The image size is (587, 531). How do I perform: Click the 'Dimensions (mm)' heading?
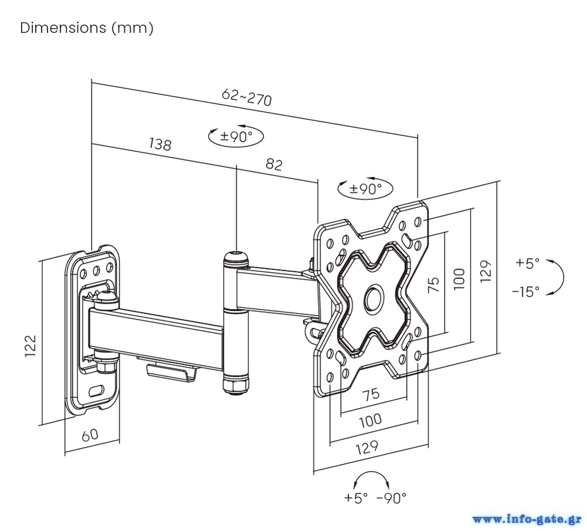pyautogui.click(x=87, y=28)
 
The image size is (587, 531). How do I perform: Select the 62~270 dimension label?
pyautogui.click(x=247, y=97)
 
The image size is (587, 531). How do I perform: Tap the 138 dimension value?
pyautogui.click(x=160, y=144)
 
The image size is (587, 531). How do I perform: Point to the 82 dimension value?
pyautogui.click(x=274, y=164)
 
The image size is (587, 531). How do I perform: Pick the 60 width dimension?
pyautogui.click(x=89, y=435)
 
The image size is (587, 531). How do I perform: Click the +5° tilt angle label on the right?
pyautogui.click(x=527, y=264)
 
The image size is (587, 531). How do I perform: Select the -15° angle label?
pyautogui.click(x=525, y=291)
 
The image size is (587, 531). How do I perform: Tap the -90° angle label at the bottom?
pyautogui.click(x=392, y=498)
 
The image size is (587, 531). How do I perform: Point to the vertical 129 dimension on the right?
pyautogui.click(x=485, y=271)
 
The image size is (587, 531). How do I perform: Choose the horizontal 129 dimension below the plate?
pyautogui.click(x=367, y=448)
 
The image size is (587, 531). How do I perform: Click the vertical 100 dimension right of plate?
pyautogui.click(x=460, y=278)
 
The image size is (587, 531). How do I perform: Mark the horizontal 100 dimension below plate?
pyautogui.click(x=370, y=419)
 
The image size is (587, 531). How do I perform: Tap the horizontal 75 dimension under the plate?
pyautogui.click(x=370, y=394)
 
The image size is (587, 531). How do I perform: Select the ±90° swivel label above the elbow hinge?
pyautogui.click(x=236, y=137)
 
